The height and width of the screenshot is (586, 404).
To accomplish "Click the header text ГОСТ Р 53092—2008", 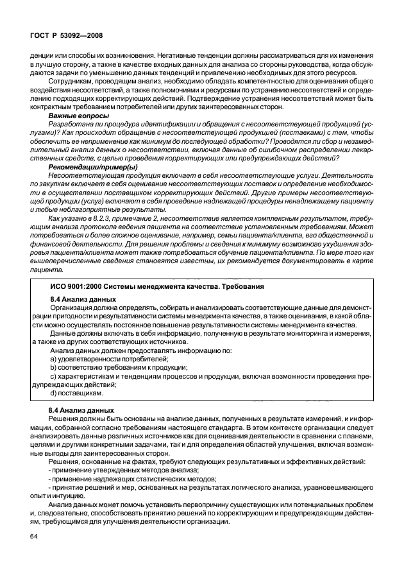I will click(65, 36).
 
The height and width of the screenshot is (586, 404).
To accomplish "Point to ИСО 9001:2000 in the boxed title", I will click(73, 286).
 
